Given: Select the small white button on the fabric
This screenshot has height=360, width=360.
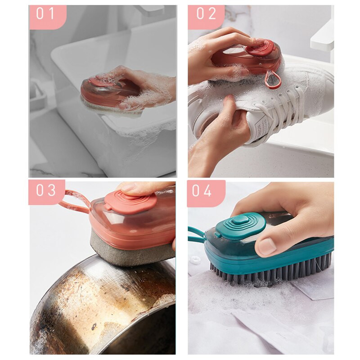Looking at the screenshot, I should coord(195,260).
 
